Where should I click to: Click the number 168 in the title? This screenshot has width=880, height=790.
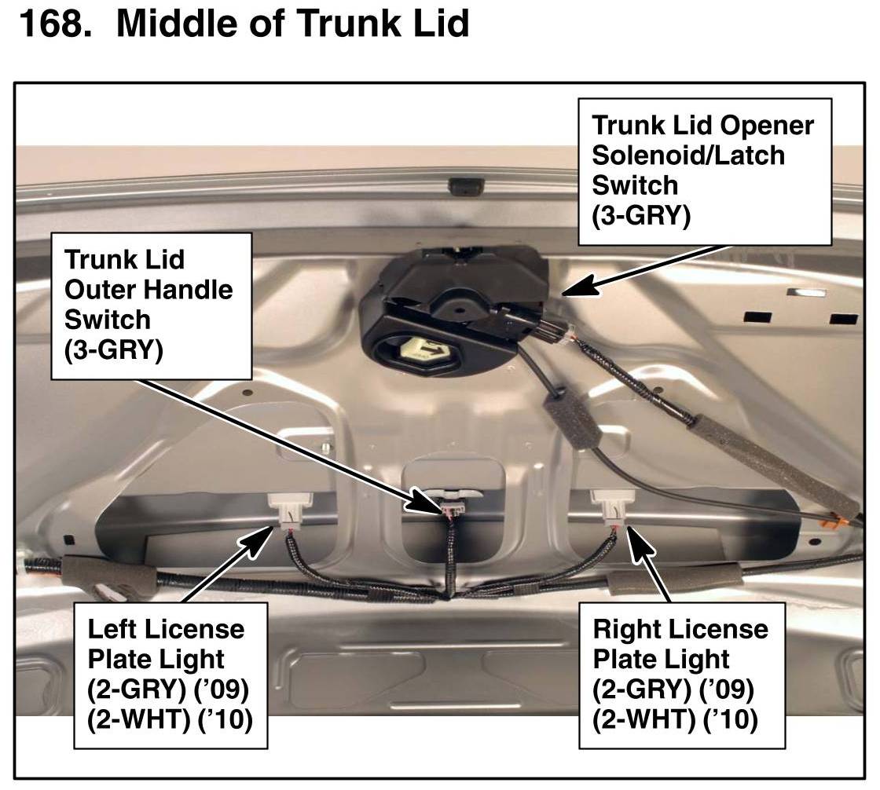49,24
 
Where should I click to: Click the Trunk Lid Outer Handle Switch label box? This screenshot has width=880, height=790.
148,305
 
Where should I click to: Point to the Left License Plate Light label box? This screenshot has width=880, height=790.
170,675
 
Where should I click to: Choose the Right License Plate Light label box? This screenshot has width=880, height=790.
681,675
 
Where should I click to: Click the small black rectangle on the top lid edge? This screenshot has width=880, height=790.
460,186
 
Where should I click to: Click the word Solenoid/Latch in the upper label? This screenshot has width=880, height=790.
687,155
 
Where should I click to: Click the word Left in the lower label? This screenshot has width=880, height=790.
110,629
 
